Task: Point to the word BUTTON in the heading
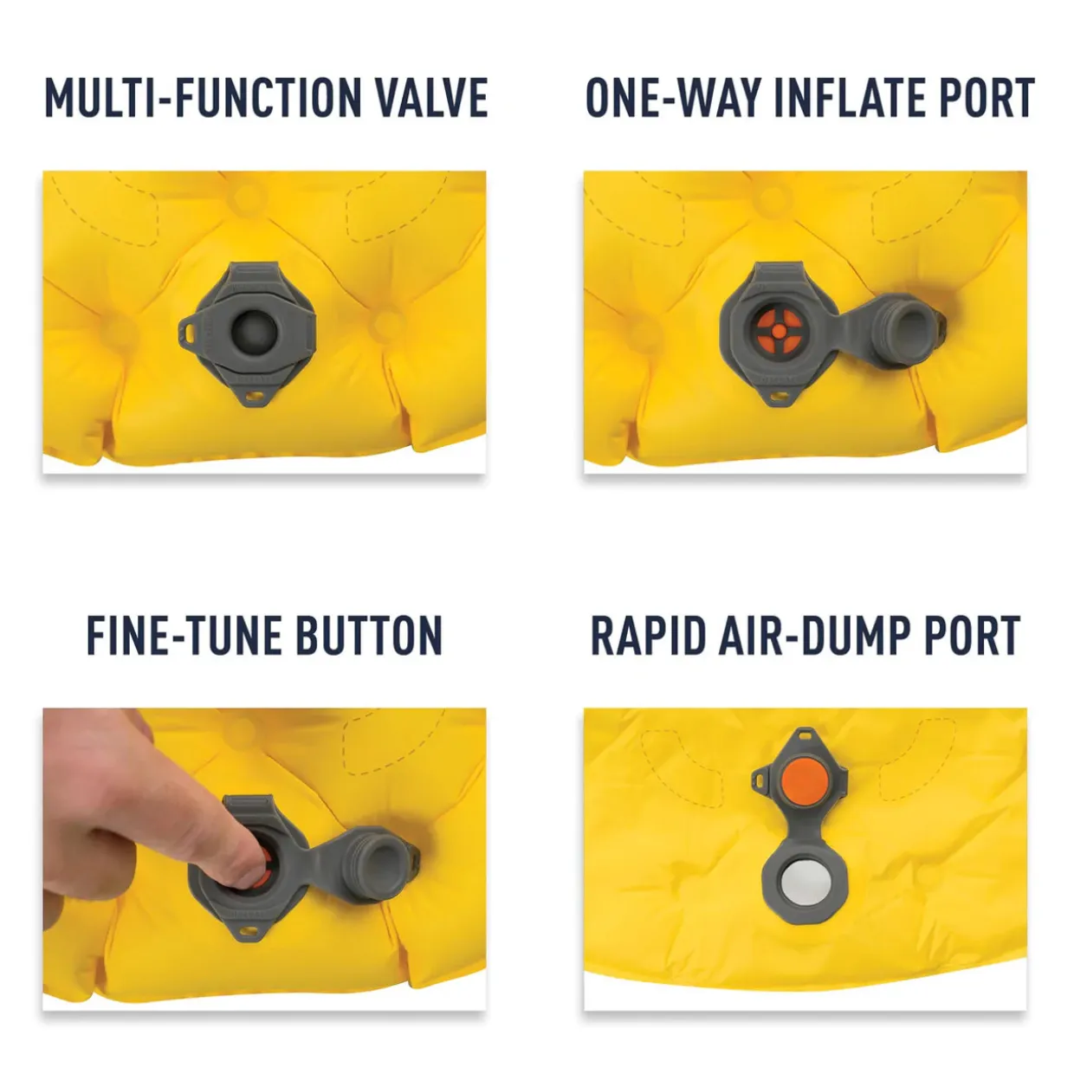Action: tap(365, 635)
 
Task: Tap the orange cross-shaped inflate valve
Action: tap(780, 332)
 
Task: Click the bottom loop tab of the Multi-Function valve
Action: tap(254, 397)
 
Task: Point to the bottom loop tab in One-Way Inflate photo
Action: tap(780, 397)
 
